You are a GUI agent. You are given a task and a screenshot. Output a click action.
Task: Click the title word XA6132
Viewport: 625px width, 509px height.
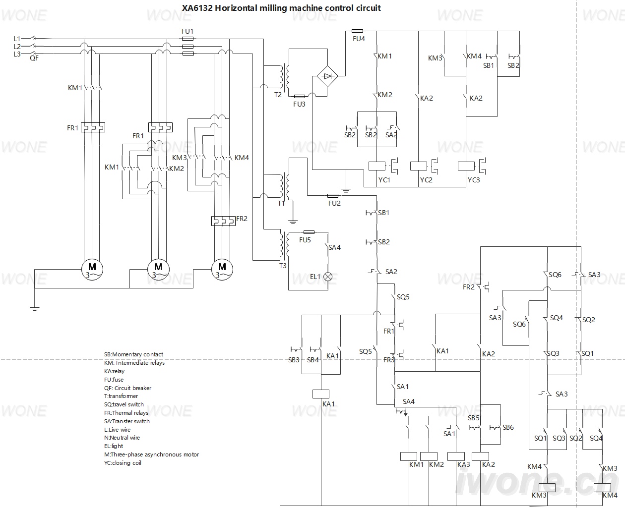(x=197, y=8)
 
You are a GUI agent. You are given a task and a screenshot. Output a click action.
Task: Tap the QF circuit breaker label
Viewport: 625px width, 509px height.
(x=34, y=58)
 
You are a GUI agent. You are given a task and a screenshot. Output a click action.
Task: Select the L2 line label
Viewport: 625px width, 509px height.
(x=17, y=46)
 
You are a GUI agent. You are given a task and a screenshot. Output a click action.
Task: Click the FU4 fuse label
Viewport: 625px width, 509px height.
(x=359, y=39)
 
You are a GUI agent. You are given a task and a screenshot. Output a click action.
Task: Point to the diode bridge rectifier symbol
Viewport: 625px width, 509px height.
(x=327, y=76)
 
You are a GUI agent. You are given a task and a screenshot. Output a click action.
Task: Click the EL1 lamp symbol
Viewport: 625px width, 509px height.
(x=328, y=277)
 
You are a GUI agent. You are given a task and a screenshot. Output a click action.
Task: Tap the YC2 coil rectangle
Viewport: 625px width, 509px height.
(x=419, y=166)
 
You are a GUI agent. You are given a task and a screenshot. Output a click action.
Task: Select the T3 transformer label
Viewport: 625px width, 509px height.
(x=283, y=266)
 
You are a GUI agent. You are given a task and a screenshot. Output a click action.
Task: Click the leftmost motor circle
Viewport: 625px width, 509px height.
(x=92, y=270)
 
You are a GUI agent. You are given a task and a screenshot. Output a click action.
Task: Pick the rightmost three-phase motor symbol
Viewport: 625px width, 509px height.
(x=222, y=270)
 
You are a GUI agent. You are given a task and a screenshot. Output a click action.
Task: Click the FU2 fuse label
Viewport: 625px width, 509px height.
(x=334, y=203)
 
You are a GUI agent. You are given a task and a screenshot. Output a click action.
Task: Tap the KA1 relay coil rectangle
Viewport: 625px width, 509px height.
(x=321, y=394)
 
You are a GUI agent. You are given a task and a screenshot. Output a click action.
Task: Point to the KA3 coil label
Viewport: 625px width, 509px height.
(x=464, y=464)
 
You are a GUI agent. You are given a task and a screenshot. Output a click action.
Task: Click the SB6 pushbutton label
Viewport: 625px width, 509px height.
(x=508, y=427)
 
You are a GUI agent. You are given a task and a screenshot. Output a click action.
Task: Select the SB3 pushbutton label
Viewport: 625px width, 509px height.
(x=294, y=360)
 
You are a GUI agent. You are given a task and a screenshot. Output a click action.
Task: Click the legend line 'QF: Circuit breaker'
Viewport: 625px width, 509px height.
(x=127, y=388)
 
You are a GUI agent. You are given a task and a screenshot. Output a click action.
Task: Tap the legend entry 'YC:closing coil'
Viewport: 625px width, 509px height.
(x=123, y=463)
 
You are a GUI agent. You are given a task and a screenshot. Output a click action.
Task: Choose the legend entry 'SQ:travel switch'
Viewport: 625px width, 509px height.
(x=124, y=404)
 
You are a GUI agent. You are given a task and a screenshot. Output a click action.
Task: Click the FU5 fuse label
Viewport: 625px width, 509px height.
(x=305, y=240)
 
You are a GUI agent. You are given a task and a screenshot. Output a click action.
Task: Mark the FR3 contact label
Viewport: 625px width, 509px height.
(x=389, y=360)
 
